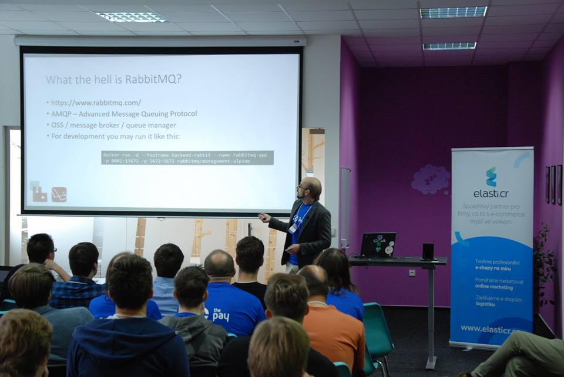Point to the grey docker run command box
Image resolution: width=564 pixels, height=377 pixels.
click(187, 157)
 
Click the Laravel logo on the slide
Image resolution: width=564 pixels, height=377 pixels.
click(59, 194)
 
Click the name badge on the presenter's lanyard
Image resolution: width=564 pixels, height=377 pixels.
click(293, 228)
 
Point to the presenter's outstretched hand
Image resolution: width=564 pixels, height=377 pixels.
click(264, 217)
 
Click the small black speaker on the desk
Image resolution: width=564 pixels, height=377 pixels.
click(428, 251)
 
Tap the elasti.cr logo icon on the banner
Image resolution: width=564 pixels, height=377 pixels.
click(491, 176)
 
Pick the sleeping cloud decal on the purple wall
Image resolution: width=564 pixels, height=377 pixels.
click(431, 179)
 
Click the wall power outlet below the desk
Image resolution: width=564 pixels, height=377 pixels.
click(412, 272)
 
